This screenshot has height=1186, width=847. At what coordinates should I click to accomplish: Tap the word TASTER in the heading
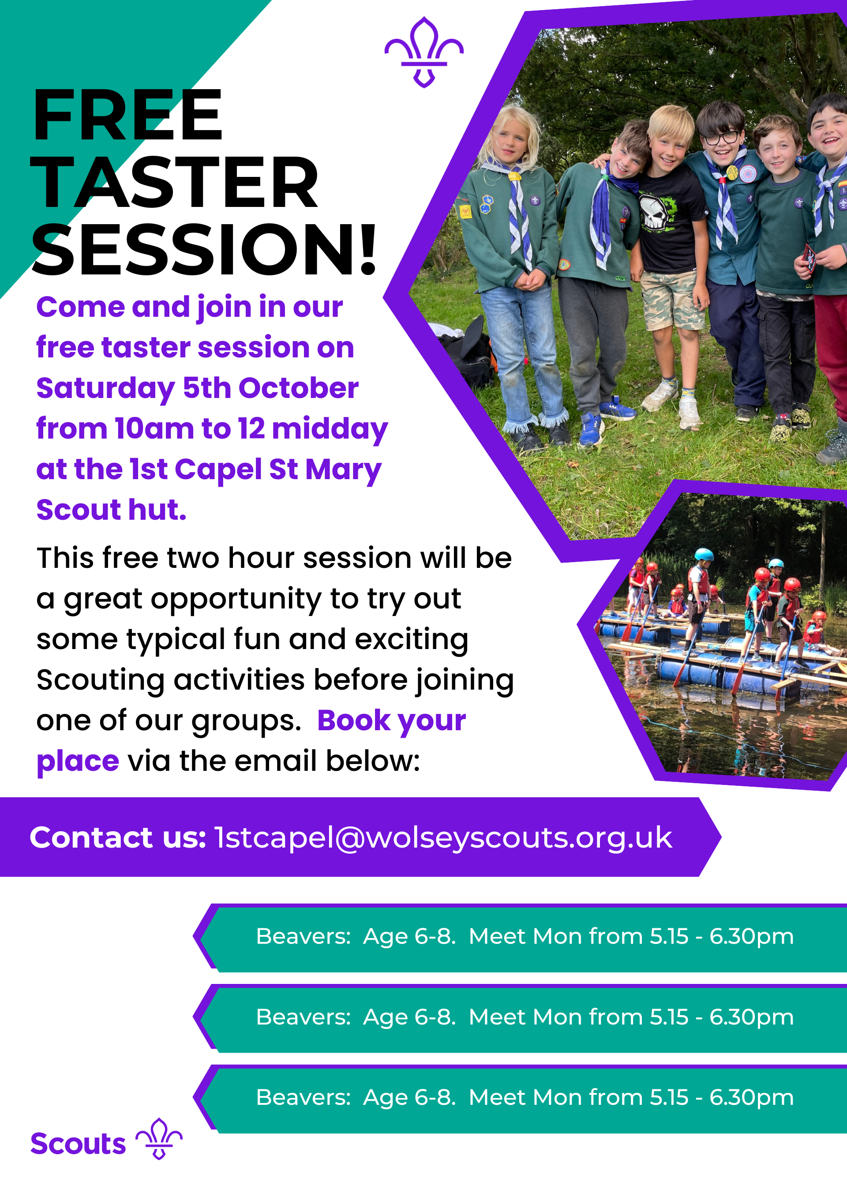[x=175, y=182]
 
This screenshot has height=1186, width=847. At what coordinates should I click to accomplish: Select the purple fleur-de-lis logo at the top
[x=423, y=52]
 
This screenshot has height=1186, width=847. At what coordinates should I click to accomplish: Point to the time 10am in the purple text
[x=154, y=429]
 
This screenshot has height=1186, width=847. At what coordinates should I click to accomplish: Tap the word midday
[x=330, y=430]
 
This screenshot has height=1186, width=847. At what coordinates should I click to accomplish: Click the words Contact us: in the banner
[x=118, y=837]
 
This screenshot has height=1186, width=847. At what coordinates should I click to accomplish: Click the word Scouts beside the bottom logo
[x=78, y=1144]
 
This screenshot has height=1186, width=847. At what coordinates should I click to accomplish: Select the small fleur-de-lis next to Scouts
[x=159, y=1138]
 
